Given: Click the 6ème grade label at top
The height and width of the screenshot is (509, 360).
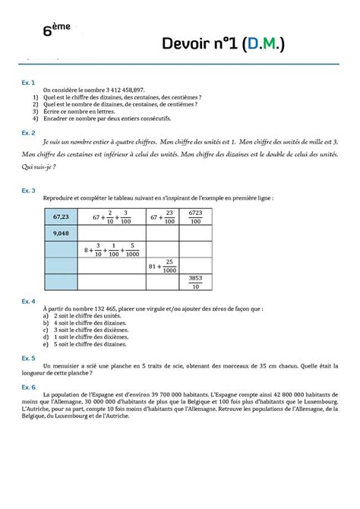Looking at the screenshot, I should coord(57,30).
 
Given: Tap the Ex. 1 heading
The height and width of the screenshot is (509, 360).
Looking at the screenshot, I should coord(28,81).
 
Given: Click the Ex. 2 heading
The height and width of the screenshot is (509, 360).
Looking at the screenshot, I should coord(28,132).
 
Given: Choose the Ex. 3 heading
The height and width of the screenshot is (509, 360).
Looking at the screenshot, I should coord(28,190).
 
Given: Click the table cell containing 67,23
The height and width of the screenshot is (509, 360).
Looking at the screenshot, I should coord(62,217).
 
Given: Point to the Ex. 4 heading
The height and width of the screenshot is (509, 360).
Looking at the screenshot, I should coord(28,301).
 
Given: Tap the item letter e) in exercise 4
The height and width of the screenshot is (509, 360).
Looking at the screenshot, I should coord(47,343).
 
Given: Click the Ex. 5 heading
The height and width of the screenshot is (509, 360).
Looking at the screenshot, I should coord(28,356).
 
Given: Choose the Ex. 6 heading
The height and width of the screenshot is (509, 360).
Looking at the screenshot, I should coord(28,386).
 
